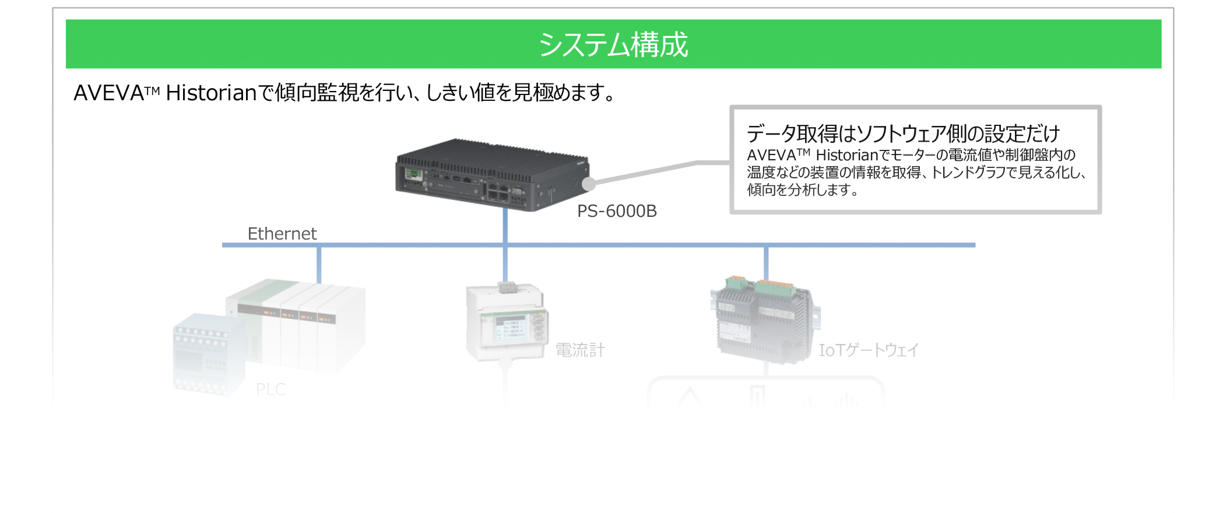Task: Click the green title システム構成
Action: pos(613,44)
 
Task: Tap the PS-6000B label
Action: pos(617,211)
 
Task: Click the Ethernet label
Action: pos(282,234)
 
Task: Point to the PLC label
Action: pos(271,389)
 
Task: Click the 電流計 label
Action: pos(580,350)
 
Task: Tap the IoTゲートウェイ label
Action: pos(869,350)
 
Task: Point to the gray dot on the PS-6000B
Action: pos(589,184)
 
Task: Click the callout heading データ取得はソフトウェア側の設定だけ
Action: pos(903,133)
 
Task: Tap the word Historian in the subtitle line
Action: pos(211,93)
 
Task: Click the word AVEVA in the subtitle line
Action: pos(109,93)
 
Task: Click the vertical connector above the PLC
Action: pos(319,265)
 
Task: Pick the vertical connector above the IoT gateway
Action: pos(766,262)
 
